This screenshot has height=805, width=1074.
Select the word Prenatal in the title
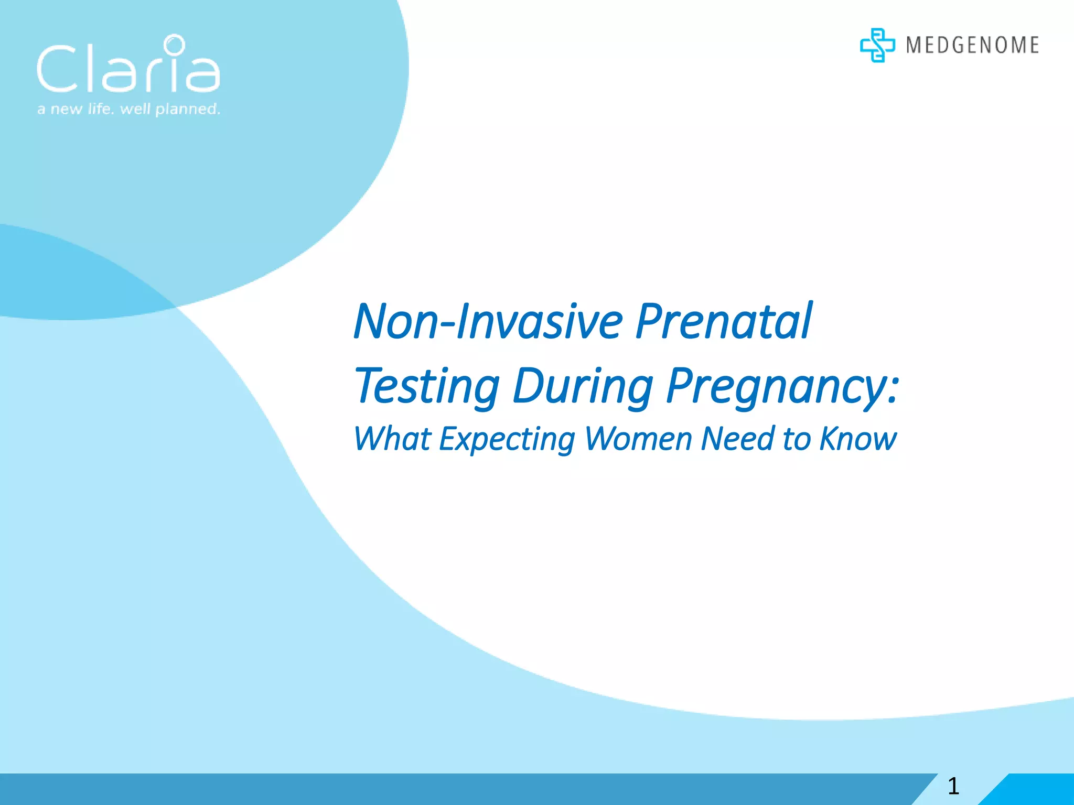(724, 321)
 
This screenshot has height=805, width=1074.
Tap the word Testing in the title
(427, 387)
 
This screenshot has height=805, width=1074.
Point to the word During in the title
(583, 387)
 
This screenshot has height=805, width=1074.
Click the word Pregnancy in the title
(776, 387)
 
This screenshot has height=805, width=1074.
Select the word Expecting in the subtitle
(507, 439)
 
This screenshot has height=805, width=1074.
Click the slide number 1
(953, 787)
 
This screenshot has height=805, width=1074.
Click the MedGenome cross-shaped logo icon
(877, 45)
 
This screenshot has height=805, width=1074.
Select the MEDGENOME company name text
(972, 45)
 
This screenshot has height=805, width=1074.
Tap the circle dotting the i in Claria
(174, 45)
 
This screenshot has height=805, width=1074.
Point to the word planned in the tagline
(187, 109)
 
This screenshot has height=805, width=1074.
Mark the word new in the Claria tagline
(66, 109)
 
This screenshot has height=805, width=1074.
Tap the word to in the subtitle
(797, 439)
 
